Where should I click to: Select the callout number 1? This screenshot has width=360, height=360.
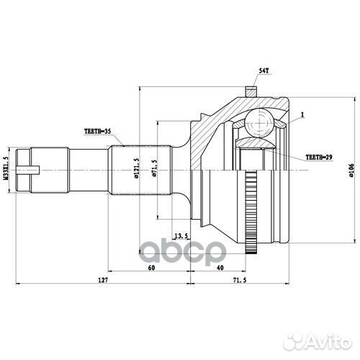pyautogui.click(x=303, y=114)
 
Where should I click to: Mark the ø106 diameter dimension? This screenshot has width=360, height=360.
pyautogui.click(x=349, y=170)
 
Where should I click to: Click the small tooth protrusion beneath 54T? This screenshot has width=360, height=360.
pyautogui.click(x=251, y=91)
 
